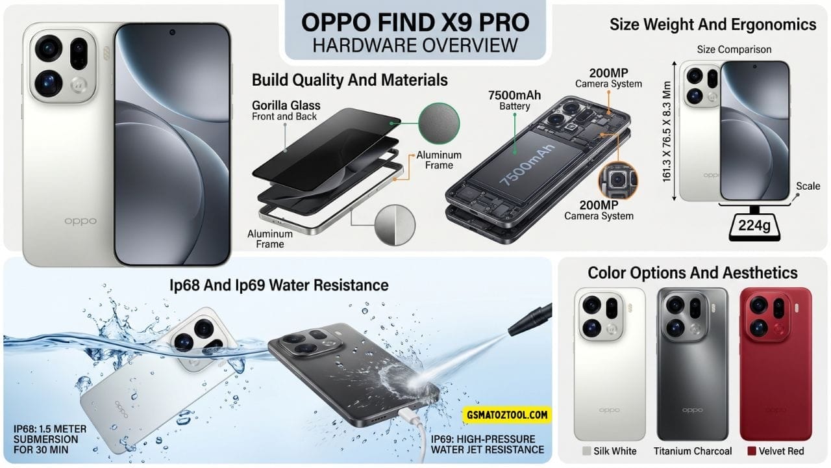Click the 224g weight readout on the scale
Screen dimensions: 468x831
[x=752, y=226]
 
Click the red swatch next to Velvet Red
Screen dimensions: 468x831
[x=752, y=451]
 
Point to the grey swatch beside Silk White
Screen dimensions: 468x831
[x=587, y=451]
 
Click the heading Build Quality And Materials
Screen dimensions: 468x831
[x=349, y=80]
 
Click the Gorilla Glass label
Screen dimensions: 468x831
[x=286, y=105]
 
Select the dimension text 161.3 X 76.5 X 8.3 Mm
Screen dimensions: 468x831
[x=667, y=130]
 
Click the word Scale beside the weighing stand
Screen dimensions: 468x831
[x=808, y=186]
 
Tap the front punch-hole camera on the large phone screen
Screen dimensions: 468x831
[x=172, y=31]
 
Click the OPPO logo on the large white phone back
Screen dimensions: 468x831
[x=81, y=221]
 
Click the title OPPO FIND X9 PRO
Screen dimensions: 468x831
[x=415, y=22]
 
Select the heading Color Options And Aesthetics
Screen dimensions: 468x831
[x=693, y=272]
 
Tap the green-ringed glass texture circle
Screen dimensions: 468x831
[x=438, y=124]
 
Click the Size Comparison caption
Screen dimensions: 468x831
[x=734, y=49]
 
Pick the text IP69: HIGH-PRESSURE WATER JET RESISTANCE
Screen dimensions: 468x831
[x=488, y=443]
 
